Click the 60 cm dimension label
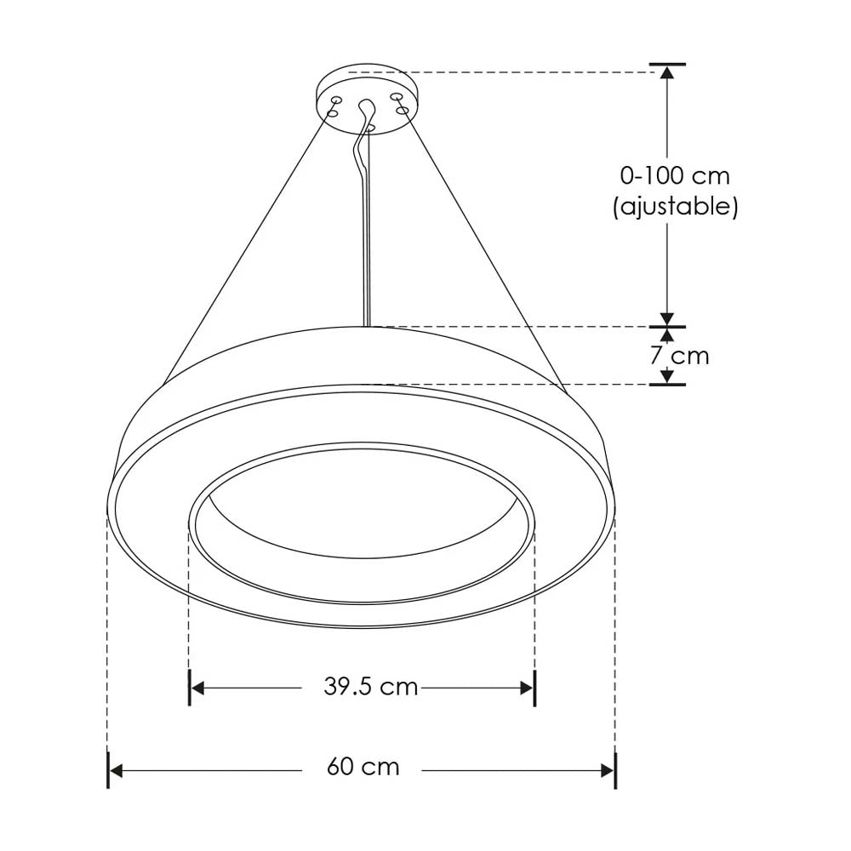pos(363,767)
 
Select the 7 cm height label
pos(679,355)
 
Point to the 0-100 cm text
pos(675,176)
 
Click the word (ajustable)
pos(675,206)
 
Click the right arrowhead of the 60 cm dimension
pos(608,771)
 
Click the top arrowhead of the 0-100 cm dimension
pos(668,72)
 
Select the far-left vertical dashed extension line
pos(108,638)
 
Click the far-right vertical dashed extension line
pos(615,638)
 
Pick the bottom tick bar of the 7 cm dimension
pos(668,384)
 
